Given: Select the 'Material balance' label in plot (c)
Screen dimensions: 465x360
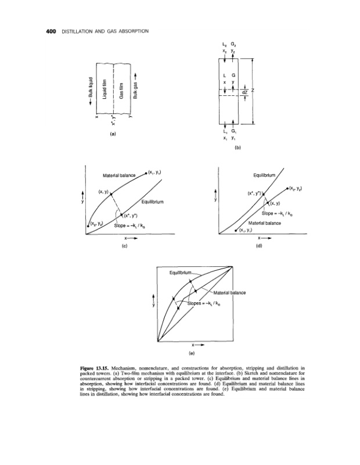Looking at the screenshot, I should pos(118,176).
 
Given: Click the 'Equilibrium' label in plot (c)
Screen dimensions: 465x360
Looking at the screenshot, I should pos(153,202).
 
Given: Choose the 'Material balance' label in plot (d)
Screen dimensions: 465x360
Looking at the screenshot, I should pos(265,223).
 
